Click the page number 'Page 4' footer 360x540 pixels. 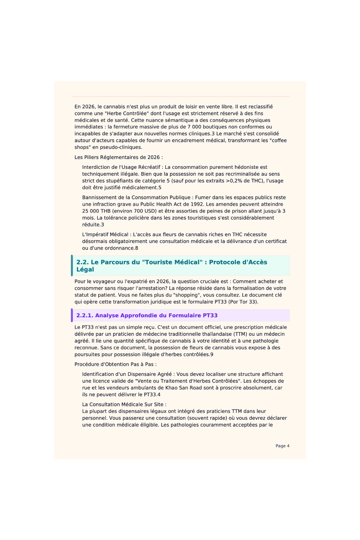click(282, 446)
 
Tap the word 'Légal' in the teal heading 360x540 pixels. click(85, 269)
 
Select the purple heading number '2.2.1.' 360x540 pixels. click(85, 315)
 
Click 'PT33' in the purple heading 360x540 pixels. click(210, 315)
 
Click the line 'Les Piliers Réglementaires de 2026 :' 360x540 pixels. click(119, 157)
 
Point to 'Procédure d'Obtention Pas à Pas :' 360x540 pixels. click(116, 364)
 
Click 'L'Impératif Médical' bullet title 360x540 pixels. click(105, 235)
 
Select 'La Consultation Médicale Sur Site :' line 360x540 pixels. click(124, 404)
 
